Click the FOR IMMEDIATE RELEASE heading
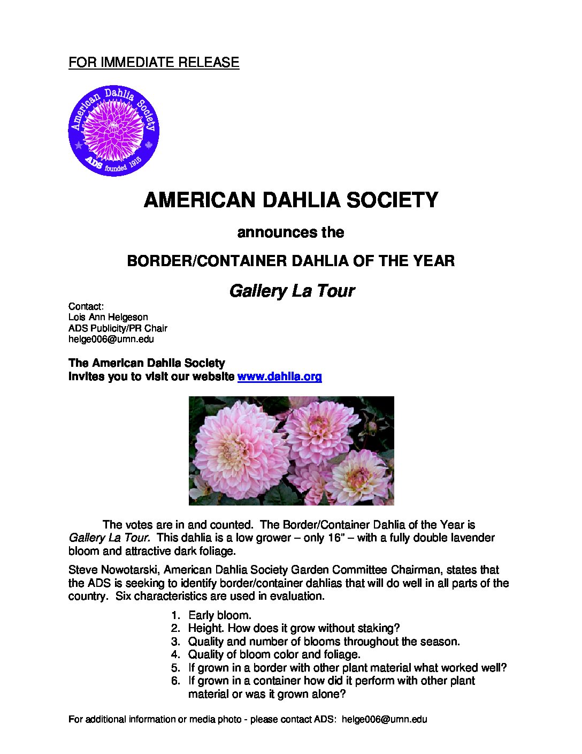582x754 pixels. click(154, 63)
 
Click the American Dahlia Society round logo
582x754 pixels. click(114, 131)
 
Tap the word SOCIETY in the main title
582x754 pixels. click(392, 200)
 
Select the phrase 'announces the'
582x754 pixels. click(290, 232)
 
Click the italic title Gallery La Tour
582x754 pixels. click(292, 291)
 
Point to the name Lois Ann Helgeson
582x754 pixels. click(108, 318)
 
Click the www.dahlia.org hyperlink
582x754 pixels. click(279, 376)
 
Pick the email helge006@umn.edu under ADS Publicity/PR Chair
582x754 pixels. click(111, 339)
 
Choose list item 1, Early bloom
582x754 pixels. click(219, 615)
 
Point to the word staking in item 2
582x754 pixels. click(378, 628)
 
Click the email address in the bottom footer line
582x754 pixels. click(384, 719)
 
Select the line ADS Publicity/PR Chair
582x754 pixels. click(118, 328)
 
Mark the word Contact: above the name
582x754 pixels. click(86, 307)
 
